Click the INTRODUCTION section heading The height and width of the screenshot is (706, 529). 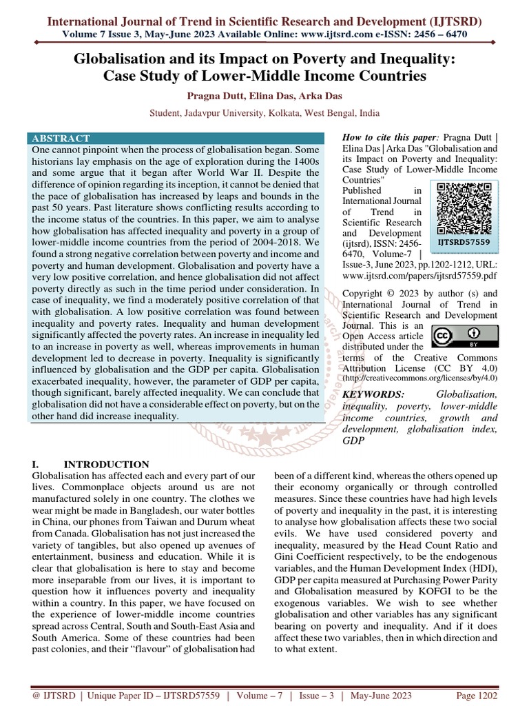pyautogui.click(x=106, y=465)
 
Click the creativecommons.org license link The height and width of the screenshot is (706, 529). pyautogui.click(x=419, y=378)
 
